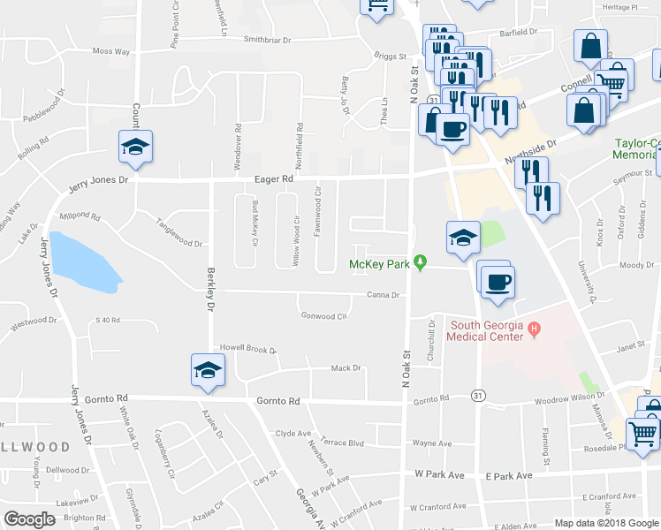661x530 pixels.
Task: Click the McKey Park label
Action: pyautogui.click(x=380, y=264)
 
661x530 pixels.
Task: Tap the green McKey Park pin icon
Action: pyautogui.click(x=422, y=262)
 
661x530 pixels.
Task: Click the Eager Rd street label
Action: pyautogui.click(x=274, y=178)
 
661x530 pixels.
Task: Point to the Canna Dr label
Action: pyautogui.click(x=384, y=296)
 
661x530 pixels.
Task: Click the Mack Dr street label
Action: pyautogui.click(x=346, y=367)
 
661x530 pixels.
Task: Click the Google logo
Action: pyautogui.click(x=29, y=519)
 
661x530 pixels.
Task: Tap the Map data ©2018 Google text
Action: pyautogui.click(x=605, y=523)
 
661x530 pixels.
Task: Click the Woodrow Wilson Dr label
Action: pyautogui.click(x=570, y=397)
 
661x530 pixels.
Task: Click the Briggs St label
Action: pyautogui.click(x=389, y=55)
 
